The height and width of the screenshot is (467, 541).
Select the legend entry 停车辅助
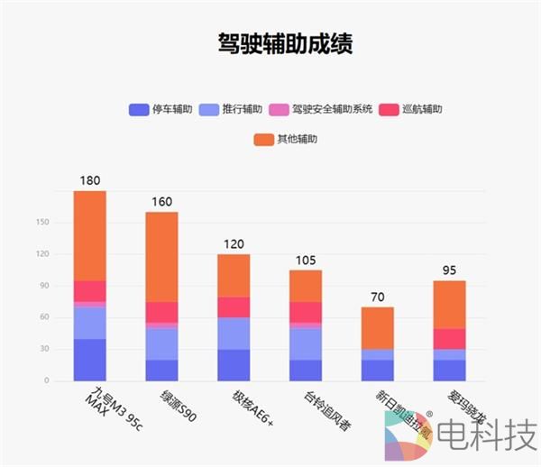click(x=162, y=110)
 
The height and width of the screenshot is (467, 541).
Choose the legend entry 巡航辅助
click(x=414, y=110)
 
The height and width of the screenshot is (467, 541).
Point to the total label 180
click(x=90, y=180)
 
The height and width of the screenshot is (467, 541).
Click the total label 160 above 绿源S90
click(x=161, y=201)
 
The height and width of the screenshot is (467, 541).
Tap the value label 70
click(x=377, y=297)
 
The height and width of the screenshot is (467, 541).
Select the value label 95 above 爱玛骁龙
click(x=448, y=270)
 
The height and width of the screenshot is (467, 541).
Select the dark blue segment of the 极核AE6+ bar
click(x=234, y=364)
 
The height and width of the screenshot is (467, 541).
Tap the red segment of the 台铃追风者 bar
click(x=305, y=312)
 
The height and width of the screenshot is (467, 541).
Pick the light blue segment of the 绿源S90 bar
click(x=161, y=343)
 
